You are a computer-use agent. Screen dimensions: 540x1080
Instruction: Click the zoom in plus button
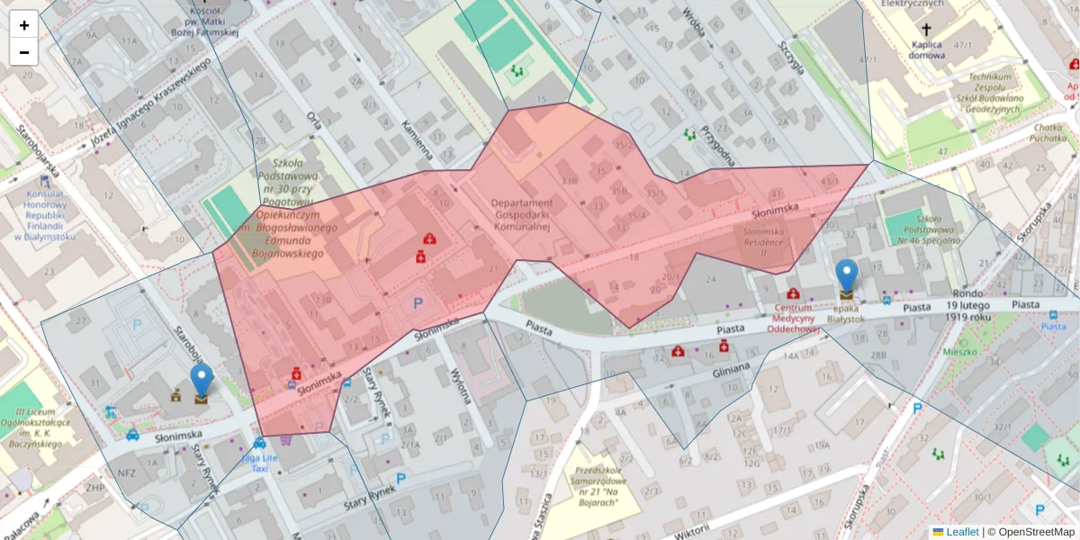[24, 25]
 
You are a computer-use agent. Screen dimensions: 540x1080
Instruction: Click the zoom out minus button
[24, 52]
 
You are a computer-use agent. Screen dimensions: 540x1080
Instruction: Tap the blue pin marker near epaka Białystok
[847, 276]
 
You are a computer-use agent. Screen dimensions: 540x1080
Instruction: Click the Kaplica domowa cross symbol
[926, 31]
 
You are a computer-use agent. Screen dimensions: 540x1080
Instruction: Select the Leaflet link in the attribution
[961, 532]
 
